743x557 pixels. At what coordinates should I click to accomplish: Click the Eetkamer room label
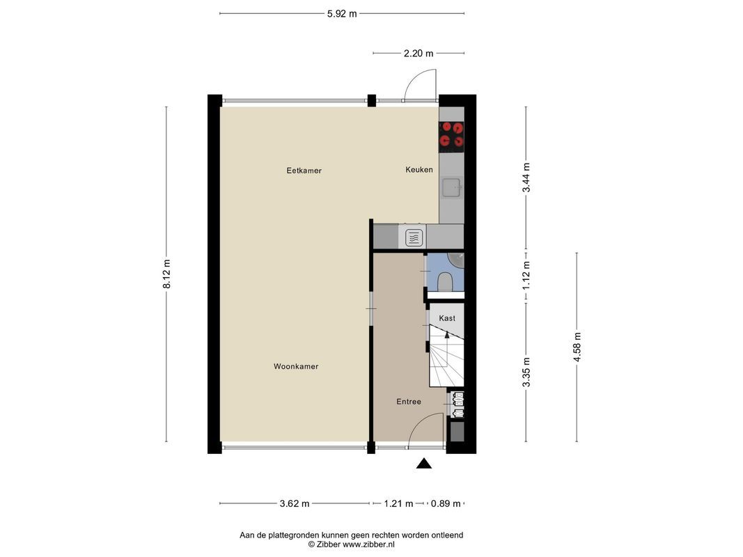point(304,171)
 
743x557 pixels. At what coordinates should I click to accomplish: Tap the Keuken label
point(419,170)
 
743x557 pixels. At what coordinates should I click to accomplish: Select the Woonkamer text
point(295,366)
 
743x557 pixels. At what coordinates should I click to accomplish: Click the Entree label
point(409,402)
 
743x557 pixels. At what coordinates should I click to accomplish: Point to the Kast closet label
point(447,318)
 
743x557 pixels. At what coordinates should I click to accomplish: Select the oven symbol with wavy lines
point(413,237)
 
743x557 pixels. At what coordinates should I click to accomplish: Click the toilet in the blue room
point(446,281)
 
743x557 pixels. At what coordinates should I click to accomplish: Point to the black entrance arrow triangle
point(424,464)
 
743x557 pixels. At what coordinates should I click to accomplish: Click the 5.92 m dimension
point(342,13)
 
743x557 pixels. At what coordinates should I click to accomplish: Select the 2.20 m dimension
point(419,53)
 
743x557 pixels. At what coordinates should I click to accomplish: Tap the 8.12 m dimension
point(166,274)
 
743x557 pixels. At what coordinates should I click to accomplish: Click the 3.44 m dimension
point(526,178)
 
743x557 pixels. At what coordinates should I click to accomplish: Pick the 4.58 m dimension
point(577,346)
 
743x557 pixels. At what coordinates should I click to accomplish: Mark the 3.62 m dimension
point(295,503)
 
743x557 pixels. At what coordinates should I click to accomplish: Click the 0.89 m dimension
point(446,503)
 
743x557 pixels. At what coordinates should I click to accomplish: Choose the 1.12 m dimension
point(526,274)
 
